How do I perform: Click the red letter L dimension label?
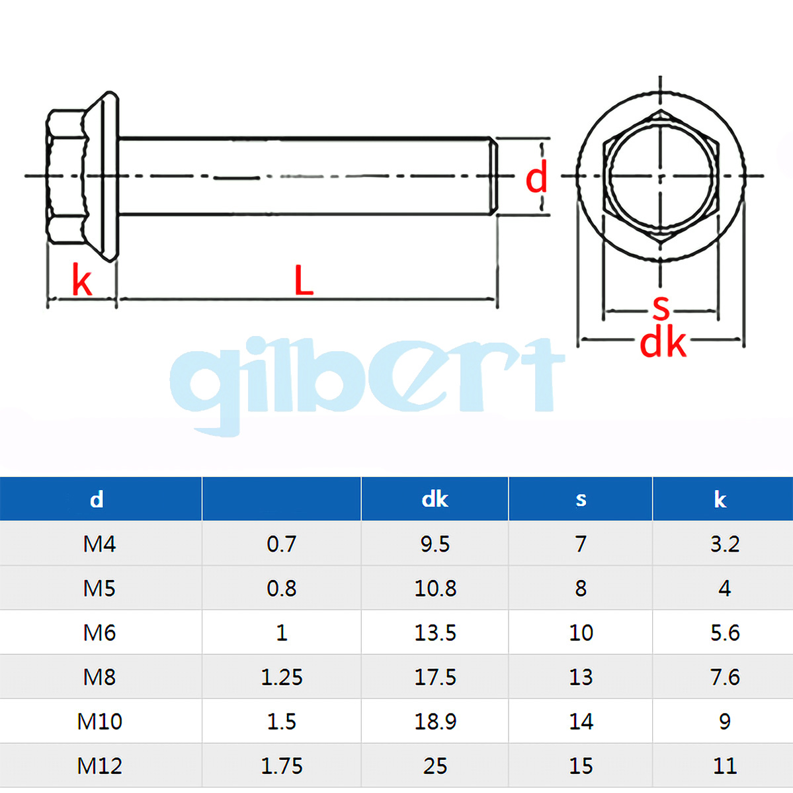click(x=304, y=280)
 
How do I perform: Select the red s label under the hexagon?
click(x=661, y=308)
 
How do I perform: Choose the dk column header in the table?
click(x=435, y=499)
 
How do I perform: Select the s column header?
click(x=581, y=499)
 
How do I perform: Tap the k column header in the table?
click(x=720, y=499)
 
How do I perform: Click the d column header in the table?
click(x=97, y=499)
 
